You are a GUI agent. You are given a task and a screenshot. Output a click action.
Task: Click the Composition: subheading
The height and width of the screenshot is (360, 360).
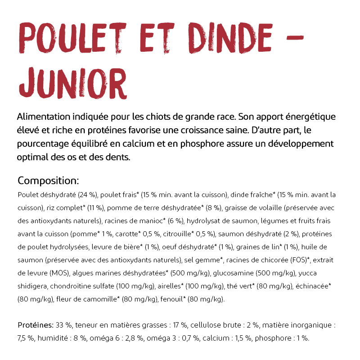click(48, 181)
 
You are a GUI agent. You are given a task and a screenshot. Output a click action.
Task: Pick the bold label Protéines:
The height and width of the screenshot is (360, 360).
click(36, 325)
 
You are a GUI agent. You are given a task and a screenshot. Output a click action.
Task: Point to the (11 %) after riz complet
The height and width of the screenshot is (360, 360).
click(95, 208)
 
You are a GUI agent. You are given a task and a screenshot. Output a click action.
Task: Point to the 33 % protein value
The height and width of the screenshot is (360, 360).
click(64, 325)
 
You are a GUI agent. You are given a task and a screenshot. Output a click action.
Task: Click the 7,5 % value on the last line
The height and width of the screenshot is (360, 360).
click(26, 338)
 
